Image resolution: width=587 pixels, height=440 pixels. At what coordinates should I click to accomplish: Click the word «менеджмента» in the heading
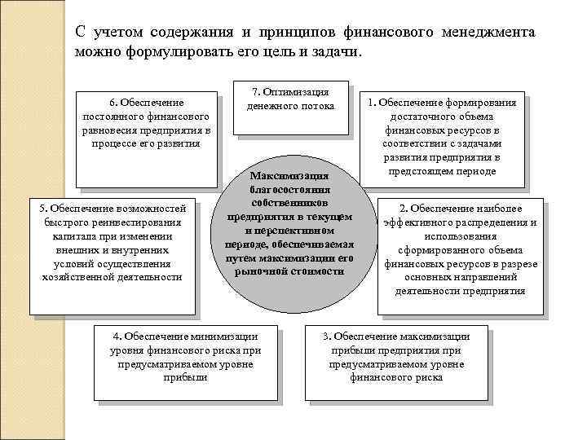tap(489, 32)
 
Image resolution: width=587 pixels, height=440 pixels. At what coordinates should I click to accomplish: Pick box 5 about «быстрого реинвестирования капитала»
tap(113, 254)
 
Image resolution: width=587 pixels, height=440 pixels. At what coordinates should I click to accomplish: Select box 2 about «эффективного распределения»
tap(460, 256)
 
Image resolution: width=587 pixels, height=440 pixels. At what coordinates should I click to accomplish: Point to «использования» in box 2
tap(461, 235)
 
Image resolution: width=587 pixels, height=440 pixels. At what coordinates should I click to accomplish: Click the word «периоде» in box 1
tap(479, 171)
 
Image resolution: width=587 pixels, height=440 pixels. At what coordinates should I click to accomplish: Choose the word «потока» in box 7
tap(318, 106)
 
